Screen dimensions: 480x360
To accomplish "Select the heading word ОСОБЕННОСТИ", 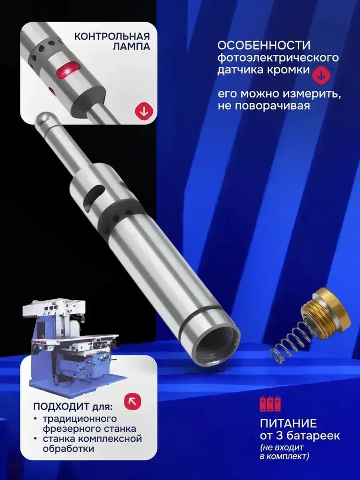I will pos(264,45).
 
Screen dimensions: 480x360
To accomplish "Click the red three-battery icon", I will pos(270,404).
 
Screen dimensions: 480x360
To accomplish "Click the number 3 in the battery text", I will pos(279,436).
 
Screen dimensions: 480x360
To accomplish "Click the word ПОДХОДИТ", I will pos(61,407).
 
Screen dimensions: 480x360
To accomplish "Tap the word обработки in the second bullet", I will pos(68,449).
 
